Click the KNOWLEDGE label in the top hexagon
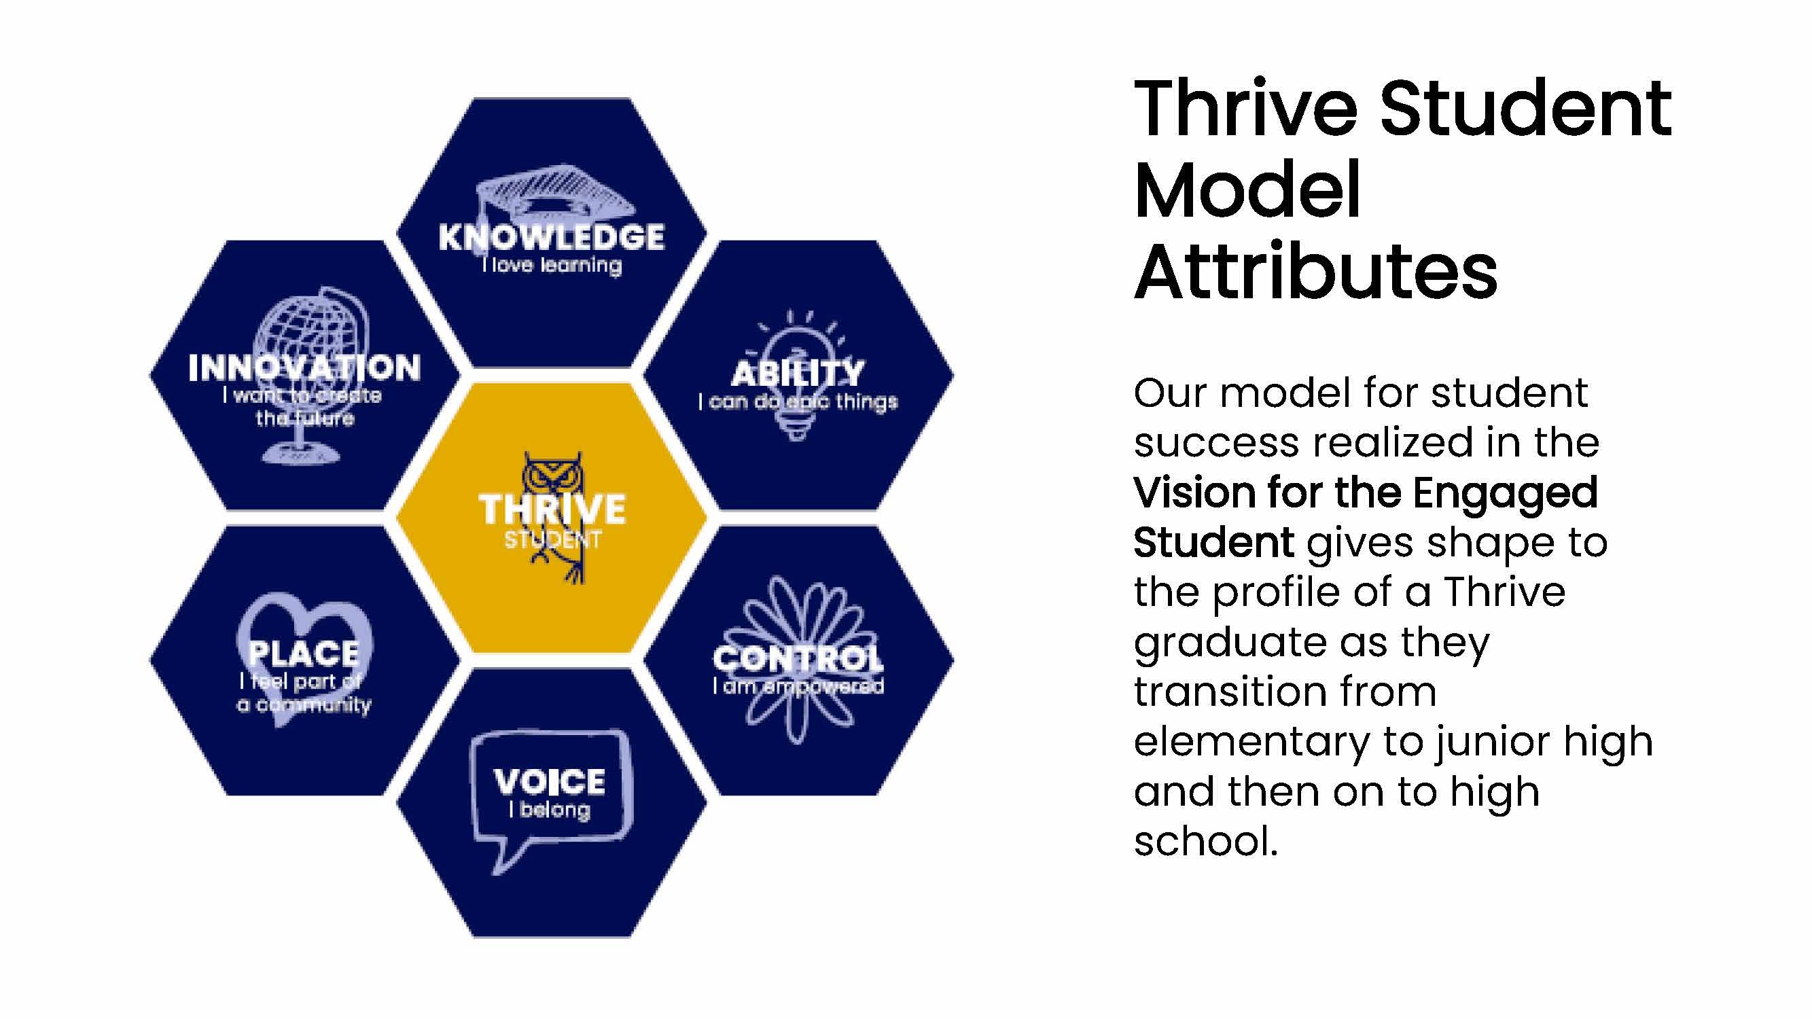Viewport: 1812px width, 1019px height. [552, 237]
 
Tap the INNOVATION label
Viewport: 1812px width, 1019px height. [304, 368]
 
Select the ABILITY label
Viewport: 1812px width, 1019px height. [798, 374]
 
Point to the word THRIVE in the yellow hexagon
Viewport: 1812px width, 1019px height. [552, 509]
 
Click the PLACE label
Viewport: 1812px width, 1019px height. [304, 654]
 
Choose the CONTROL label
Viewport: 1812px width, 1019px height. [798, 659]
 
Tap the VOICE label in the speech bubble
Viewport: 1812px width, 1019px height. [550, 782]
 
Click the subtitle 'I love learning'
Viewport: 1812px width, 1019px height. [552, 265]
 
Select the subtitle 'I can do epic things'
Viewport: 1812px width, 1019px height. [798, 401]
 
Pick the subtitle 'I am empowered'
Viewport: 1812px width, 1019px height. [798, 685]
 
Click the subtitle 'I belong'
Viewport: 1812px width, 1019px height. [550, 810]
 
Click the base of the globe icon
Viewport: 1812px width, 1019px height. [301, 455]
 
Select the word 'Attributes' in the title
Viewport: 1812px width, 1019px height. [1316, 271]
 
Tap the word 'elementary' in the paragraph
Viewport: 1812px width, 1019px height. [1252, 743]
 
